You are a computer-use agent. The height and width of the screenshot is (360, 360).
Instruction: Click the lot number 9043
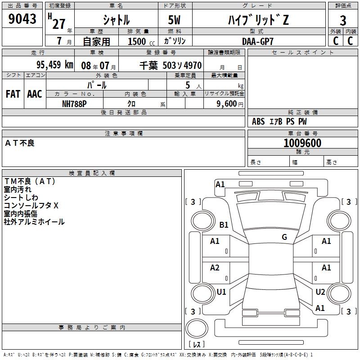tap(22, 19)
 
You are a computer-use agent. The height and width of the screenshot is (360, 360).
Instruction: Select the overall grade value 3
tap(343, 20)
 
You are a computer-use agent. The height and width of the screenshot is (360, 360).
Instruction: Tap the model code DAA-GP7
tap(257, 41)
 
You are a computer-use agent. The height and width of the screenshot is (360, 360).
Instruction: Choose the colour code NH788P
tap(74, 103)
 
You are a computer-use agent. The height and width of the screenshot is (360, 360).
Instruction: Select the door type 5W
tap(175, 20)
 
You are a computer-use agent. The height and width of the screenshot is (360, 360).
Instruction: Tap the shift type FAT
tap(13, 94)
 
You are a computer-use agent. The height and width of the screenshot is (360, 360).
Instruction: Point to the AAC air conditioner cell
tap(34, 94)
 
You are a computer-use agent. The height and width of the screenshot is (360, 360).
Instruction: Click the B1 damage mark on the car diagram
tap(224, 225)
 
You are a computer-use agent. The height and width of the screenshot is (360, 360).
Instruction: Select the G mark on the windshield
tap(284, 237)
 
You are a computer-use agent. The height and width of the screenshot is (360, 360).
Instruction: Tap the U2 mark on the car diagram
tap(320, 292)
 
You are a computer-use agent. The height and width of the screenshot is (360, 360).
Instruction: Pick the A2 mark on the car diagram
tap(215, 268)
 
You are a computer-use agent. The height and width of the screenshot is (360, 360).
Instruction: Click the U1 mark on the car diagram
tap(221, 292)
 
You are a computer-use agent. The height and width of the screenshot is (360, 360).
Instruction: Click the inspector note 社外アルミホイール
tap(34, 222)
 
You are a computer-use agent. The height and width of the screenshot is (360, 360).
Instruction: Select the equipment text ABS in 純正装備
tap(258, 121)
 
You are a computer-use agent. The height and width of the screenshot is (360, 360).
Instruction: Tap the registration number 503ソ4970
tap(182, 65)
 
